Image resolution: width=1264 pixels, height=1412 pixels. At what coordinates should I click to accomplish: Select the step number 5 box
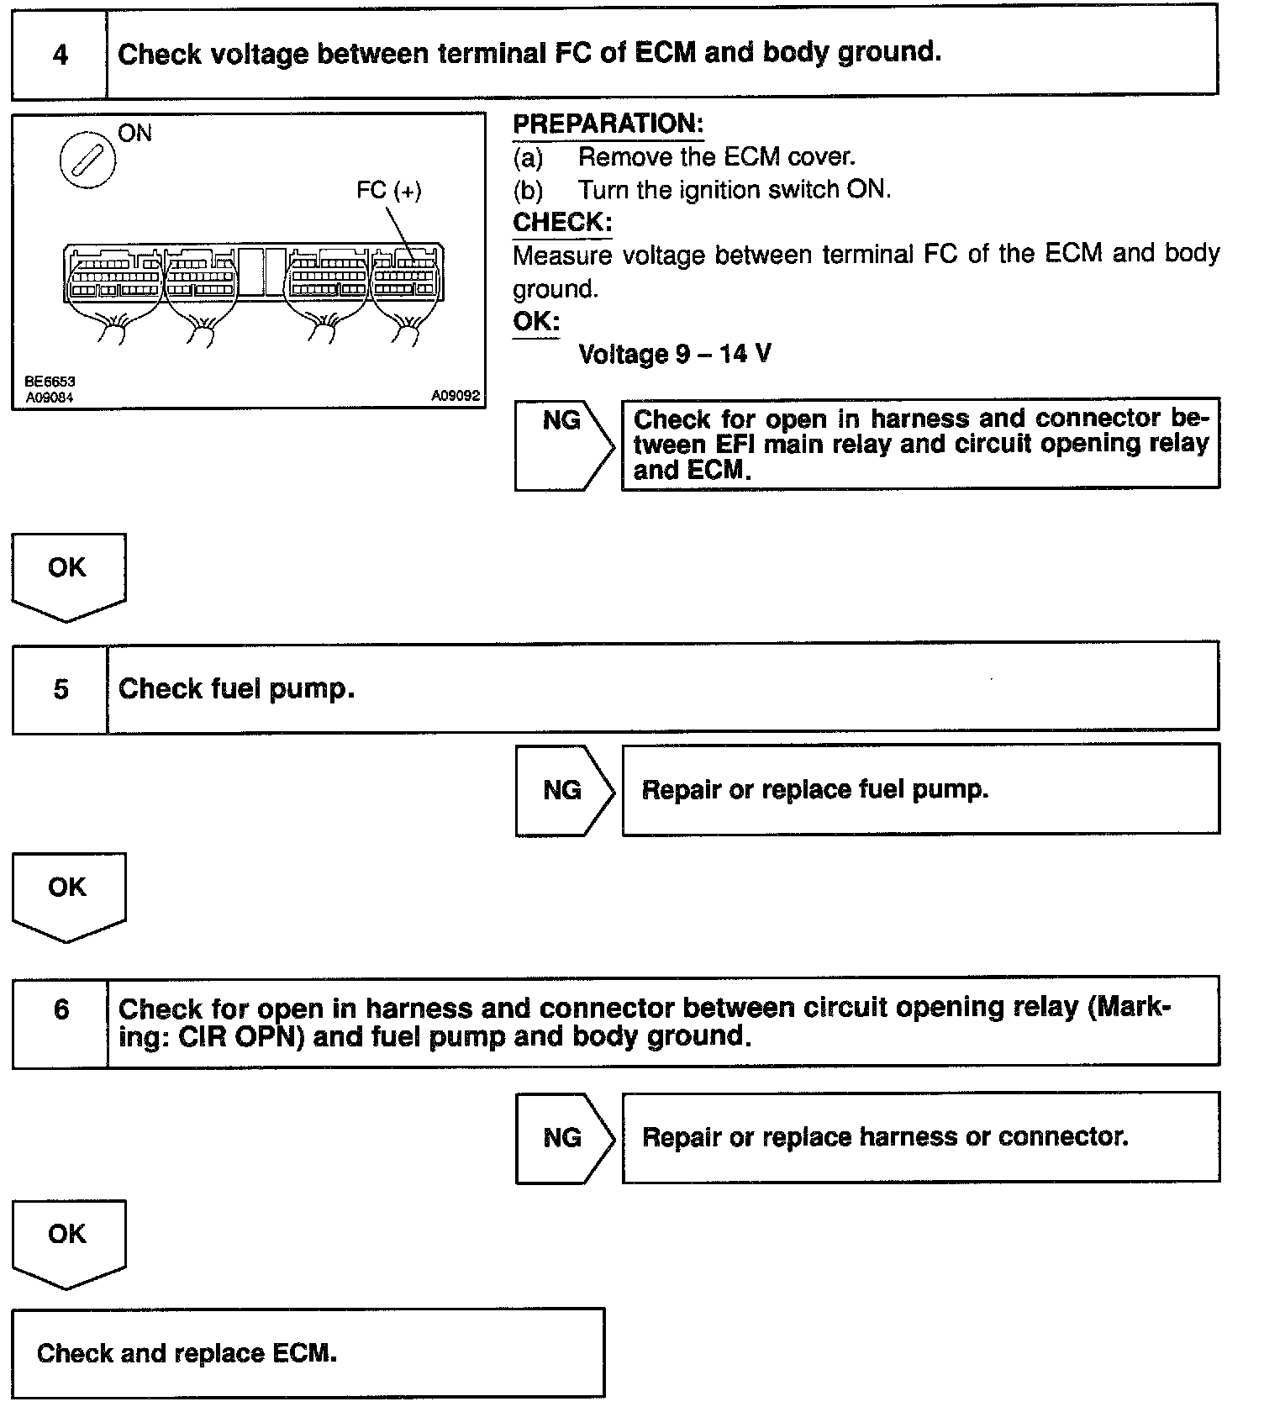[61, 690]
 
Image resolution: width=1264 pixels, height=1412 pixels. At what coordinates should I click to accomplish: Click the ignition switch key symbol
[87, 160]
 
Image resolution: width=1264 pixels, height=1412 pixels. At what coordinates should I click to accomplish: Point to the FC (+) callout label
[388, 191]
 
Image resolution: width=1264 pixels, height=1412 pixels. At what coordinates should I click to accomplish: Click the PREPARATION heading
[608, 124]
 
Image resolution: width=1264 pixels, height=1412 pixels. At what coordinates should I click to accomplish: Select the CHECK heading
[561, 223]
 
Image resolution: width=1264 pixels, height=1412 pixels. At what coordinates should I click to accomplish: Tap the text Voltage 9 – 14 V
[674, 354]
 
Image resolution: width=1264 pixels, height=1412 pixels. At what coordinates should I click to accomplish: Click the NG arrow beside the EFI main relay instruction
[563, 445]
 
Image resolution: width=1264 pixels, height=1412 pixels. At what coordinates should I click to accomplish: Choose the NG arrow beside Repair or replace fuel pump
[563, 790]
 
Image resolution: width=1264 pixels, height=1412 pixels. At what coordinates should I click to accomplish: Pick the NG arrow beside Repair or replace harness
[563, 1138]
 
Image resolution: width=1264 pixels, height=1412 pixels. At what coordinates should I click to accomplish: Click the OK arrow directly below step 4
[67, 575]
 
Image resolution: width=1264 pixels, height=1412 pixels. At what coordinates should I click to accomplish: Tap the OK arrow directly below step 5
[67, 894]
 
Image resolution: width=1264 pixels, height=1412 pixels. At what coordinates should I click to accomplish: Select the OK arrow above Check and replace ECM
[67, 1241]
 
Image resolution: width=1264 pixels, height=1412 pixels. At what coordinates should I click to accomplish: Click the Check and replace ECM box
[308, 1354]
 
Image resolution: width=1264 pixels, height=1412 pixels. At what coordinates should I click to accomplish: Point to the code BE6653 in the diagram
[50, 382]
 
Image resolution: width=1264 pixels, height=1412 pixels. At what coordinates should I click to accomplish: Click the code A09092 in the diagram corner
[456, 396]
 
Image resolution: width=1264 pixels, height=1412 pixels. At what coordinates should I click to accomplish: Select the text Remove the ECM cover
[716, 157]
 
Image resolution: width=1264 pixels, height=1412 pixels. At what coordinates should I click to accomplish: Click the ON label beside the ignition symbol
[134, 134]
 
